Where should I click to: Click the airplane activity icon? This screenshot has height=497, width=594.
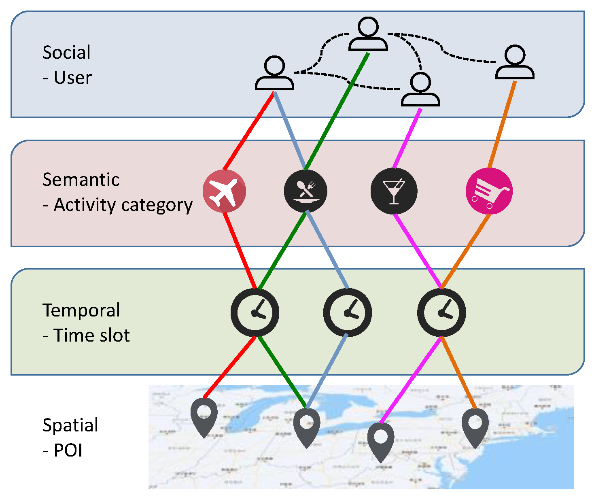tap(224, 191)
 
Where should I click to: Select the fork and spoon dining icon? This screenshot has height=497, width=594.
tap(305, 191)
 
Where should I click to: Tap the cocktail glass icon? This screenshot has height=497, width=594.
tap(394, 191)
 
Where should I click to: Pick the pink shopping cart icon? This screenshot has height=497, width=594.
tap(489, 191)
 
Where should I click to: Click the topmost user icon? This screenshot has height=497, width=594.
tap(368, 34)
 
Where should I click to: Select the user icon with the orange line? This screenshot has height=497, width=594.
tap(515, 63)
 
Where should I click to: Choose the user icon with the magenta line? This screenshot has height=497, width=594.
tap(420, 90)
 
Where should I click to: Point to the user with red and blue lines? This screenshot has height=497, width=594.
tap(274, 73)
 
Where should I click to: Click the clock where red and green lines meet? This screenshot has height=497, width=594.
tap(255, 312)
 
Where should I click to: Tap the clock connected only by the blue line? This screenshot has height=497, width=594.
tap(347, 312)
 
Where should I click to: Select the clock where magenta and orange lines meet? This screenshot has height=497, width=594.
tap(441, 312)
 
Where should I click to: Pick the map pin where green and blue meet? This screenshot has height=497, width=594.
tap(306, 426)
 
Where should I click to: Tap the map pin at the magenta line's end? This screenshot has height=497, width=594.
tap(381, 440)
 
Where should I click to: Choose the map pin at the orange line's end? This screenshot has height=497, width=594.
tap(475, 426)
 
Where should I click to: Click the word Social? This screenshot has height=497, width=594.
tap(66, 53)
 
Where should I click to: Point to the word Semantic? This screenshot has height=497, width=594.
tap(81, 180)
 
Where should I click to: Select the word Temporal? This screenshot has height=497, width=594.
tap(81, 310)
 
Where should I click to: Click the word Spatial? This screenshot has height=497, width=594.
tap(70, 425)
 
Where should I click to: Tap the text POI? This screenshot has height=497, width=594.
tap(68, 450)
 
